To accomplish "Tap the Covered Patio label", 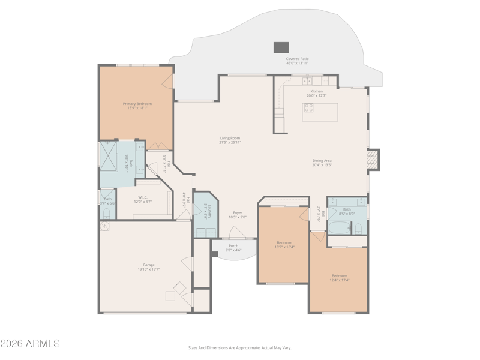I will pyautogui.click(x=297, y=61).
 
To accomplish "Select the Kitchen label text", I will pyautogui.click(x=316, y=93).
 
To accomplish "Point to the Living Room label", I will pyautogui.click(x=230, y=140).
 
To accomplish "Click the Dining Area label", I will pyautogui.click(x=322, y=162).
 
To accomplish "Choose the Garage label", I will pyautogui.click(x=148, y=267).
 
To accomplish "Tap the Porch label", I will pyautogui.click(x=233, y=247).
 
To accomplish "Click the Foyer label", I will pyautogui.click(x=238, y=215).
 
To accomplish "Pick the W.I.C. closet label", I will pyautogui.click(x=143, y=199).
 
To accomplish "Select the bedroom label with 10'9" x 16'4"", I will pyautogui.click(x=284, y=244).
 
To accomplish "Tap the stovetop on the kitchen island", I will pyautogui.click(x=309, y=109).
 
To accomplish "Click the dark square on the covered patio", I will pyautogui.click(x=281, y=47).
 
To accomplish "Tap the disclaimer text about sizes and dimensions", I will pyautogui.click(x=240, y=347).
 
